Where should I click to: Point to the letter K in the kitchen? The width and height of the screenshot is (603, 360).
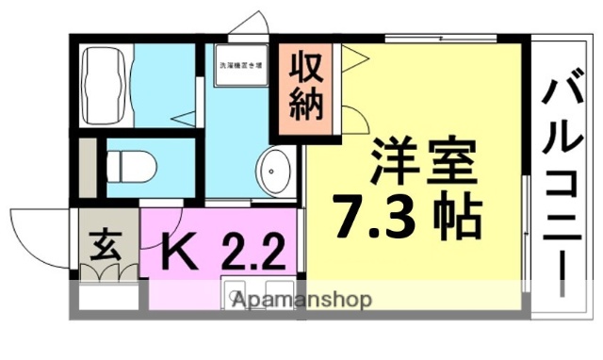[x=175, y=252]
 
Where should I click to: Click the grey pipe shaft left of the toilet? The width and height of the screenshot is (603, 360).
[x=86, y=169]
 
